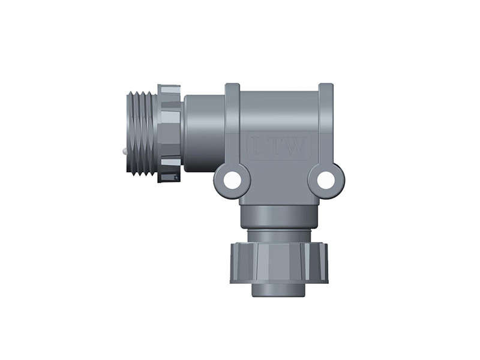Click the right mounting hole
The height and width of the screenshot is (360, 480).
point(326,179)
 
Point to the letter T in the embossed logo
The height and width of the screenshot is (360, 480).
point(277,146)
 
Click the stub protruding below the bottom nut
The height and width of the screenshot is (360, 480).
point(279,290)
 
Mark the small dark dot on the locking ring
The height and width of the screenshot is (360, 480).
point(176,177)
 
